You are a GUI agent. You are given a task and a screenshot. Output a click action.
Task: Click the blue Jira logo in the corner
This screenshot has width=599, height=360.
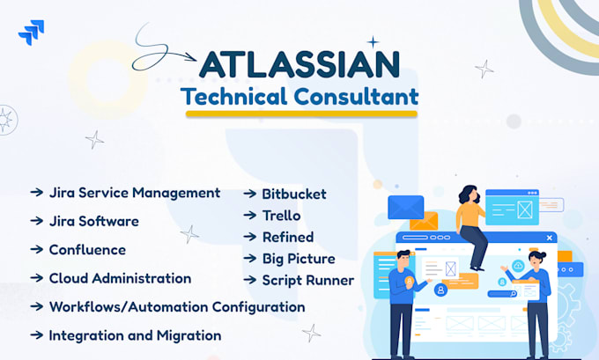pyautogui.click(x=32, y=33)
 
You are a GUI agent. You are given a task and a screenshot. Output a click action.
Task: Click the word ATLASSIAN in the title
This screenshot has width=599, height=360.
pyautogui.click(x=299, y=64)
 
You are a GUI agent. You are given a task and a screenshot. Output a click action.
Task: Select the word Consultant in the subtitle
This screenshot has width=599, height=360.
pyautogui.click(x=356, y=96)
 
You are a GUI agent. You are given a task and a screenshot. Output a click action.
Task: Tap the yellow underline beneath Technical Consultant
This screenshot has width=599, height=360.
pyautogui.click(x=301, y=114)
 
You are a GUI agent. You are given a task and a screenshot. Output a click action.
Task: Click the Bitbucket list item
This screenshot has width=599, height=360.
pyautogui.click(x=294, y=194)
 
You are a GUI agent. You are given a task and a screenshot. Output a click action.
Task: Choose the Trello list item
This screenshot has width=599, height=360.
pyautogui.click(x=282, y=216)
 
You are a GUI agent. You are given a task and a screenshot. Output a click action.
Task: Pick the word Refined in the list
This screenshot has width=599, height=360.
pyautogui.click(x=288, y=237)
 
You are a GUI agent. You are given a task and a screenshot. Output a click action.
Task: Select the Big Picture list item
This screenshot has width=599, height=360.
pyautogui.click(x=299, y=259)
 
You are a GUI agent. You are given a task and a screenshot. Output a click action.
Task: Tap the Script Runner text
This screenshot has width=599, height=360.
pyautogui.click(x=308, y=281)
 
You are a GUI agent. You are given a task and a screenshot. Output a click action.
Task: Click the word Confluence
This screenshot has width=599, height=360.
pyautogui.click(x=87, y=250)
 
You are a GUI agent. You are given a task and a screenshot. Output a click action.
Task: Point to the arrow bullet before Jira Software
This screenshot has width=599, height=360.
pyautogui.click(x=37, y=221)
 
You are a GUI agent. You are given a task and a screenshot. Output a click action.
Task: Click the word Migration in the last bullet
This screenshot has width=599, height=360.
pyautogui.click(x=189, y=335)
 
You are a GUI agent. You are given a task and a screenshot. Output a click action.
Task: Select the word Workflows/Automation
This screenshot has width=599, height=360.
pyautogui.click(x=129, y=306)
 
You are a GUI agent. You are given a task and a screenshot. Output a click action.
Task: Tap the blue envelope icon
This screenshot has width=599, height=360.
pyautogui.click(x=406, y=208)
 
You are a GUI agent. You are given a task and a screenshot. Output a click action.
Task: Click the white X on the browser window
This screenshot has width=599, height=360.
pyautogui.click(x=550, y=238)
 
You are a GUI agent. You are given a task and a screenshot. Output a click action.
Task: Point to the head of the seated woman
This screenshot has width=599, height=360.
pyautogui.click(x=470, y=194)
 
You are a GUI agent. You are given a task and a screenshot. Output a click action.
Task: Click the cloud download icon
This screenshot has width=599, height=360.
pyautogui.click(x=518, y=265)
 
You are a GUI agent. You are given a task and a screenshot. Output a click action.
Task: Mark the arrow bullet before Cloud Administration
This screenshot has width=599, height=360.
pyautogui.click(x=37, y=278)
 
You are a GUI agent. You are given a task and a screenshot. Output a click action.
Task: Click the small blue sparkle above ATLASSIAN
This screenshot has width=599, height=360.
pyautogui.click(x=373, y=42)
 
